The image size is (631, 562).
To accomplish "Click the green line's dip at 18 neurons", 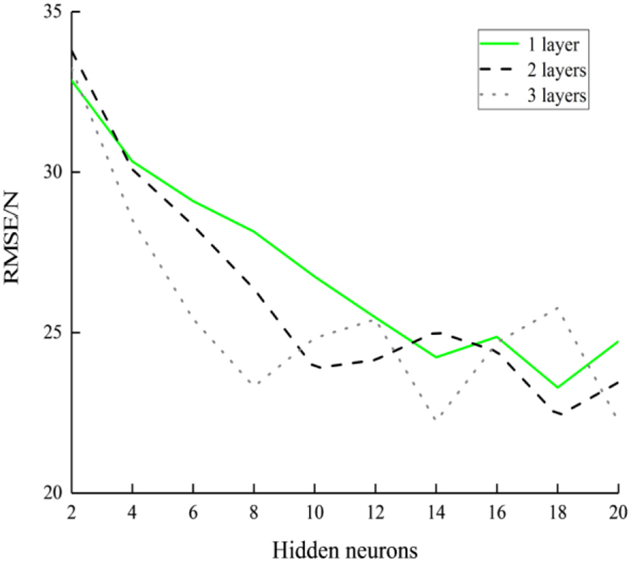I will pyautogui.click(x=558, y=387).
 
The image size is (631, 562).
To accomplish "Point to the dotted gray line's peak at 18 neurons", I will pyautogui.click(x=558, y=308).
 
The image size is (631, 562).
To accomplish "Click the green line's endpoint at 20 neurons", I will pyautogui.click(x=618, y=342).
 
